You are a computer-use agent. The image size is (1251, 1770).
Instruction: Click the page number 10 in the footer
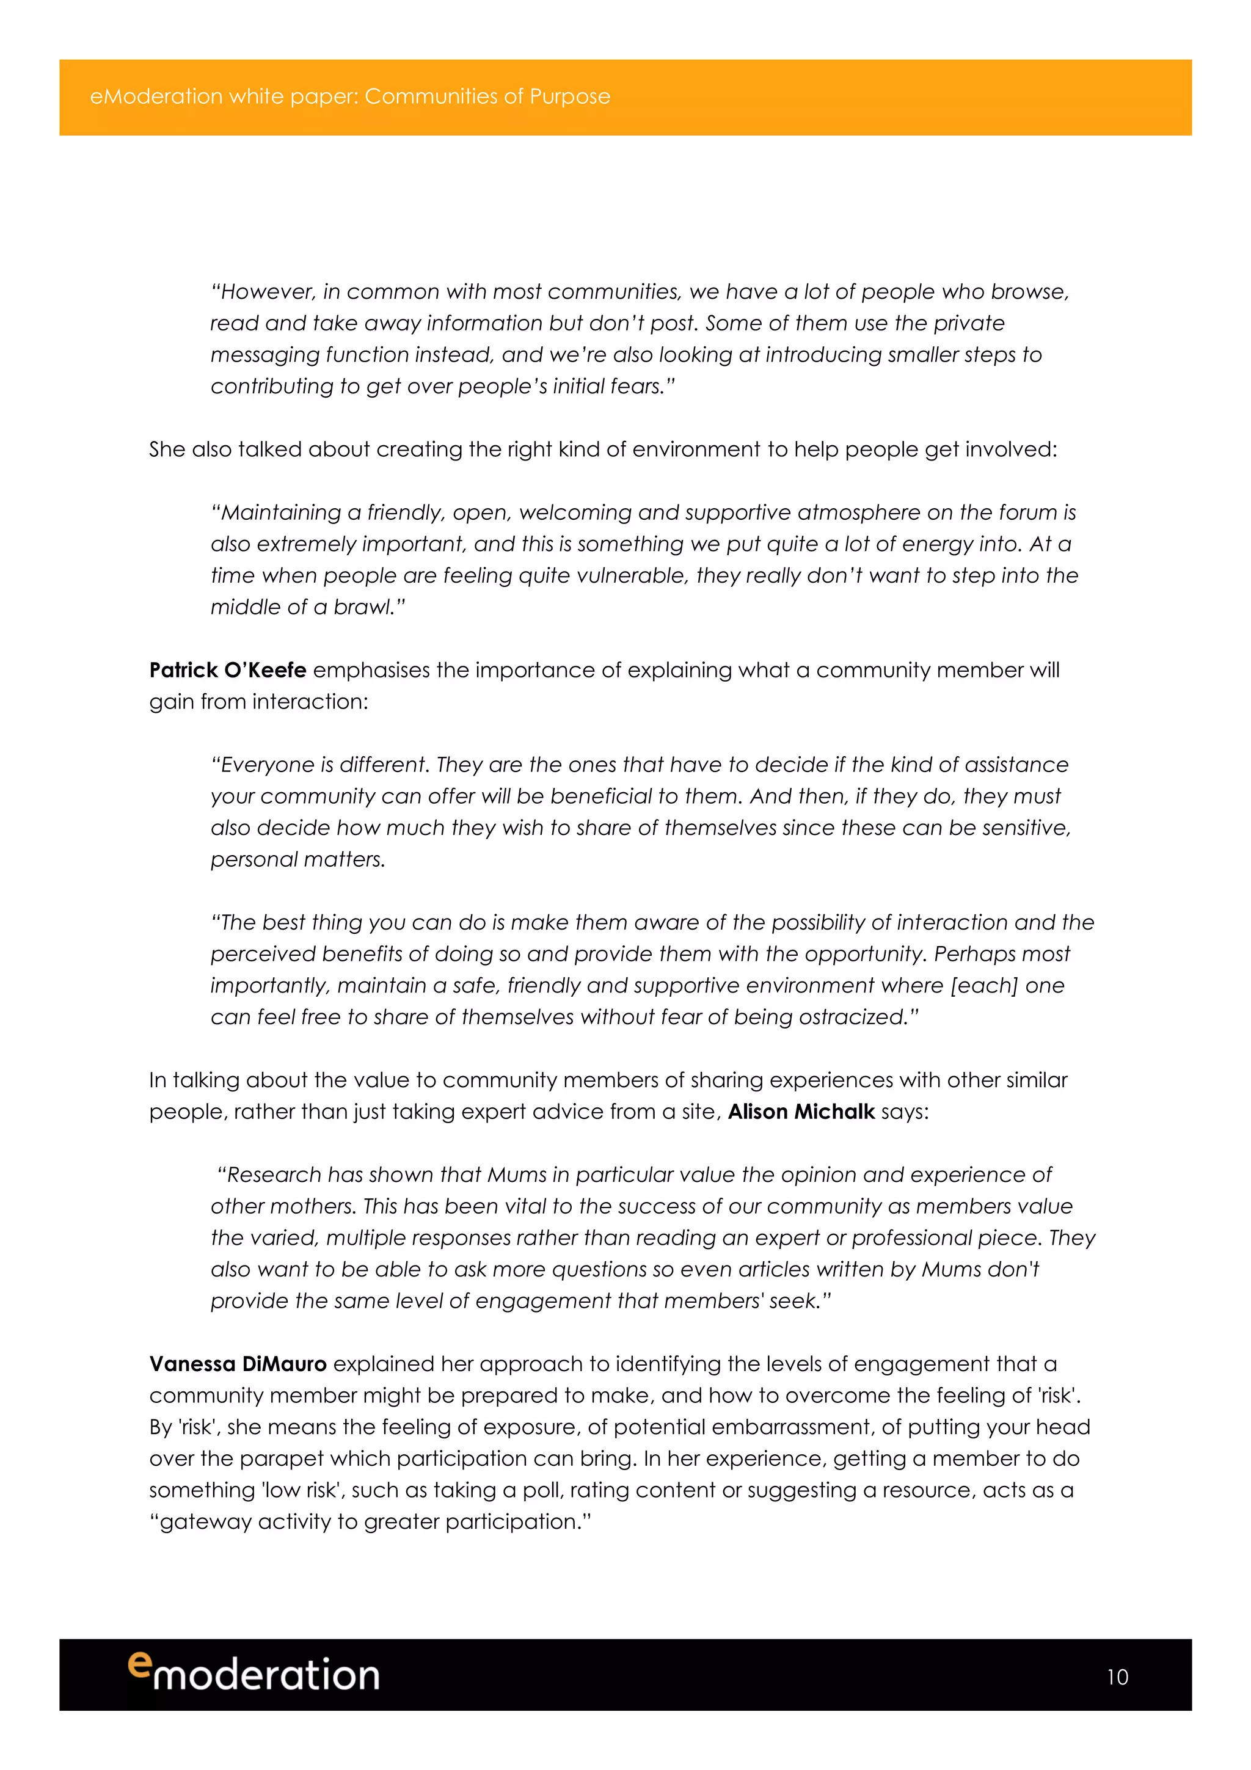(1117, 1677)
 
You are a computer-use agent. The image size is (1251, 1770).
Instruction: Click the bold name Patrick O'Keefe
(227, 670)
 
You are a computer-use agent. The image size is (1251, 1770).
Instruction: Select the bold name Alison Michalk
(801, 1111)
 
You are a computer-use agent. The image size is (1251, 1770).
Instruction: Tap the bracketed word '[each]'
(983, 985)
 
